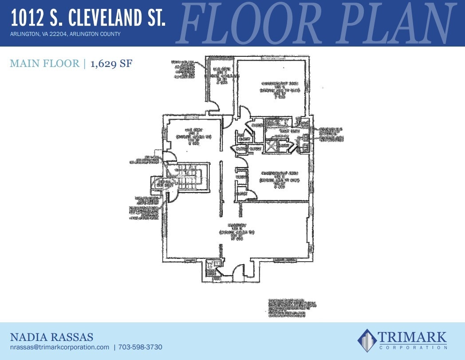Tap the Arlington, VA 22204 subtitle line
pos(65,34)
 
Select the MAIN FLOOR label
pos(44,64)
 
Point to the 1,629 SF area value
pos(111,64)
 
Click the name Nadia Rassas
pos(51,337)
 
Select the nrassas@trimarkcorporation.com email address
pos(59,347)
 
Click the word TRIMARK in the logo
pos(412,337)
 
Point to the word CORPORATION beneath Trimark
pos(412,347)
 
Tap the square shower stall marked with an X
pos(271,146)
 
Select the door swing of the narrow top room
pos(214,105)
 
